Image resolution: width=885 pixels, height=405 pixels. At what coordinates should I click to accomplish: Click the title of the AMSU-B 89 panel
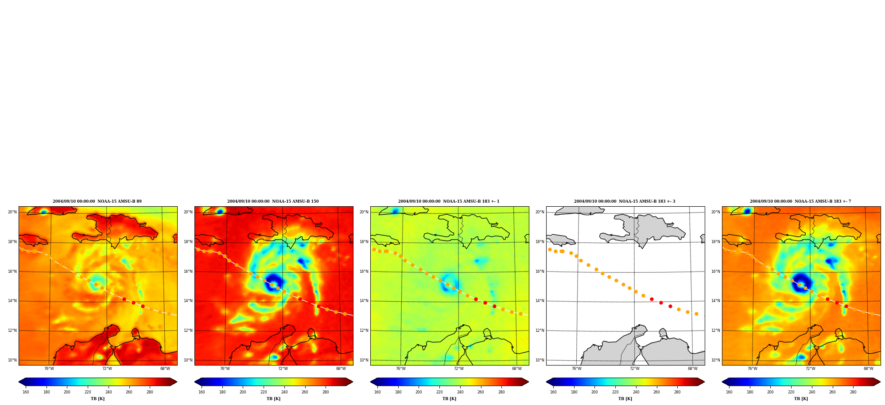[x=97, y=201]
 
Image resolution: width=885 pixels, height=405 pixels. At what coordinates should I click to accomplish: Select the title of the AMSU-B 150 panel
[x=273, y=201]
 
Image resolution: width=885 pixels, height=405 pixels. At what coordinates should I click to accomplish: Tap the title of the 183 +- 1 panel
[x=449, y=201]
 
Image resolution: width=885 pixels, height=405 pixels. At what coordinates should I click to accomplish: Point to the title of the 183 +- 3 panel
[x=625, y=201]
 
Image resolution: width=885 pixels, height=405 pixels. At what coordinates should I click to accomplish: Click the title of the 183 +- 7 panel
[x=800, y=201]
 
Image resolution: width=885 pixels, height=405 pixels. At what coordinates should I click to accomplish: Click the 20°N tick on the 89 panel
[x=12, y=212]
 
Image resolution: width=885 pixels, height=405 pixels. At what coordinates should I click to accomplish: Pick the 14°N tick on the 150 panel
[x=188, y=301]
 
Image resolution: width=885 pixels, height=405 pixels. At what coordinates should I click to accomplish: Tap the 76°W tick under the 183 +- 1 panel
[x=401, y=369]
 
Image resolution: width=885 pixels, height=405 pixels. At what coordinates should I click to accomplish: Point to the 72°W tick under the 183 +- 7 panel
[x=810, y=369]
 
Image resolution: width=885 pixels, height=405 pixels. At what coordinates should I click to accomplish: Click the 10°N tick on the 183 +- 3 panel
[x=540, y=360]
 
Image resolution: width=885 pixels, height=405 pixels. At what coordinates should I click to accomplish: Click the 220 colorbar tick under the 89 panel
[x=88, y=392]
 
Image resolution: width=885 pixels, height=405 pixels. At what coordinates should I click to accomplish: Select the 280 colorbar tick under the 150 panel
[x=326, y=392]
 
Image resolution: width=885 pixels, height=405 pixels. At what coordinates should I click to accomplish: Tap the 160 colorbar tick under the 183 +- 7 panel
[x=729, y=392]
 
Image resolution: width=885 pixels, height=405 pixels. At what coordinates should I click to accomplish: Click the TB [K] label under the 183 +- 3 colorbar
[x=625, y=399]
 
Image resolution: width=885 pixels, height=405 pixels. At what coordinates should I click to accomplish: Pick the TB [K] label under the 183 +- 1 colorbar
[x=449, y=399]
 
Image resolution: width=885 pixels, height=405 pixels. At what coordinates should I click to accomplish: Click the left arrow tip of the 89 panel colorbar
[x=19, y=382]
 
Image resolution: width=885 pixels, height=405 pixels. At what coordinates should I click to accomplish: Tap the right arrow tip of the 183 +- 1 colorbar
[x=528, y=382]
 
